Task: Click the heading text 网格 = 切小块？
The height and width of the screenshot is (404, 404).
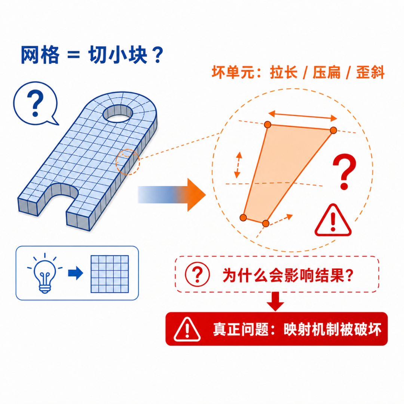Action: point(92,55)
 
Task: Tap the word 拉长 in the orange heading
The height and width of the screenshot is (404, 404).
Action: point(284,72)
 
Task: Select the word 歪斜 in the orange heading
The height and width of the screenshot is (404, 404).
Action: point(370,72)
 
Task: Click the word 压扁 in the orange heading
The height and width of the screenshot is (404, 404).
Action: point(327,72)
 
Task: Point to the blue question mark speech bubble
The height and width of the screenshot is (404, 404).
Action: point(35,103)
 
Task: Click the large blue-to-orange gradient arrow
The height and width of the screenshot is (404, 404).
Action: point(172,195)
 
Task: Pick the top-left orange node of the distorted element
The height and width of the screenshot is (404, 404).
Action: point(267,125)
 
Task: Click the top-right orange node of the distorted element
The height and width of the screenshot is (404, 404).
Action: point(333,130)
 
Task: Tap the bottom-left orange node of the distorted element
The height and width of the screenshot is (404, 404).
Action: point(243,217)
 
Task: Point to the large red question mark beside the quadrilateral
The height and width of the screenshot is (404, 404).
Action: point(344,171)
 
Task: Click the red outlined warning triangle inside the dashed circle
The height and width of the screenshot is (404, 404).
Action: point(333,220)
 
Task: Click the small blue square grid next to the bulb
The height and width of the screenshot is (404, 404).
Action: point(110,274)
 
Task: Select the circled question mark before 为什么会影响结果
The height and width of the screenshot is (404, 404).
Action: point(198,274)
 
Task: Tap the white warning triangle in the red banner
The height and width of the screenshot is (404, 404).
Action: point(187,330)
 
